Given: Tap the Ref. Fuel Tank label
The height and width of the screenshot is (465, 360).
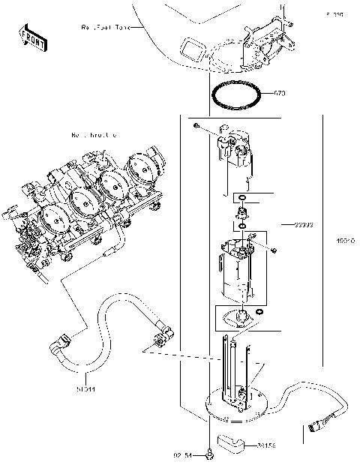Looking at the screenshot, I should [x=106, y=27].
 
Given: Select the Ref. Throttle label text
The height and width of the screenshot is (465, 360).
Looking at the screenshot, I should [x=93, y=135].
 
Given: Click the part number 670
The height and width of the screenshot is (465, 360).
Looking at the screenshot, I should [x=280, y=94].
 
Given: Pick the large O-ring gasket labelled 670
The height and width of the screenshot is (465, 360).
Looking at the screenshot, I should [x=238, y=96].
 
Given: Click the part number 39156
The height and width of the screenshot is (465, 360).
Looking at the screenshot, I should [x=265, y=445].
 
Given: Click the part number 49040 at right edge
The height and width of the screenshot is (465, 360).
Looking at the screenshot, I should [x=345, y=241].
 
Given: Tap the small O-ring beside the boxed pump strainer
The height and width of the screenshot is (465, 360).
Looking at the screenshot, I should [x=258, y=312].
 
